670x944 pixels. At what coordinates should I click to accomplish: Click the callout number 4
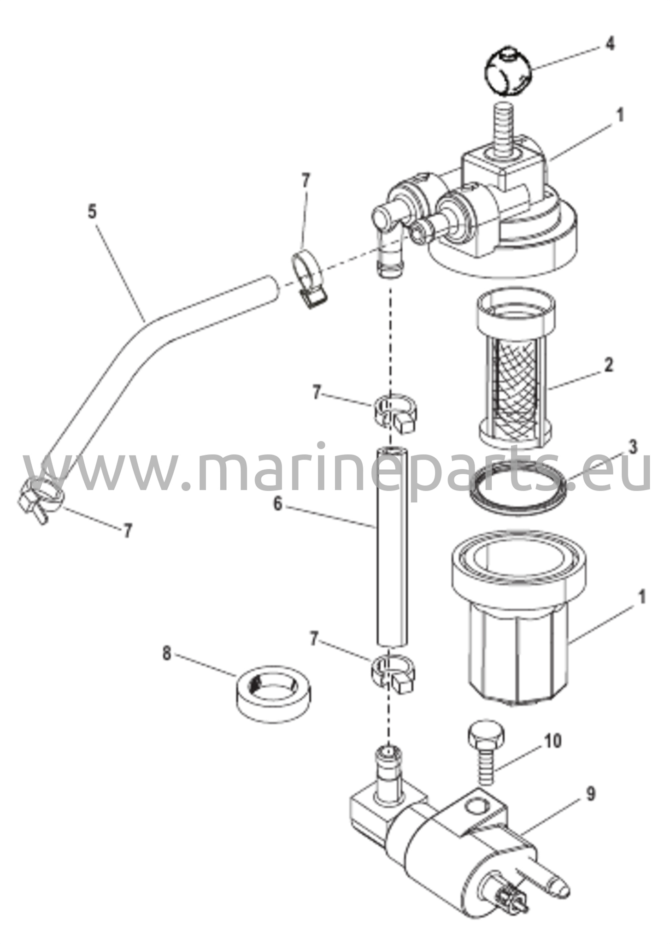[x=610, y=44]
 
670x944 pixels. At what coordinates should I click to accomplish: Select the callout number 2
[x=608, y=365]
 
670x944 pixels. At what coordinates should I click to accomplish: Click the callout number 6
[x=277, y=504]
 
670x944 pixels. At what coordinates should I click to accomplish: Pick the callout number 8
[x=166, y=653]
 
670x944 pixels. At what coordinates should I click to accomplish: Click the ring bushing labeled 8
[x=274, y=693]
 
